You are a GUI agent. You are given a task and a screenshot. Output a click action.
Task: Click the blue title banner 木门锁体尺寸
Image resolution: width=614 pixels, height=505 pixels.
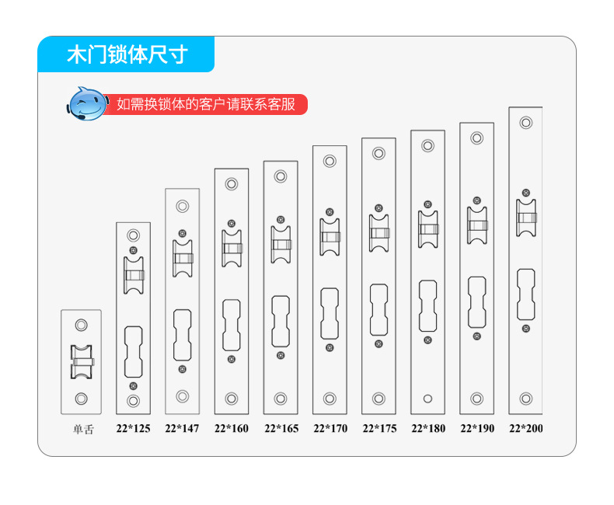point(126,54)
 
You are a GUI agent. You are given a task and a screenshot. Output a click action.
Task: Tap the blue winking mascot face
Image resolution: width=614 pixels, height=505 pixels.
point(87,104)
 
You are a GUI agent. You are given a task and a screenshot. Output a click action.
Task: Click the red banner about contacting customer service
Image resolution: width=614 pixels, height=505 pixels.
point(206,105)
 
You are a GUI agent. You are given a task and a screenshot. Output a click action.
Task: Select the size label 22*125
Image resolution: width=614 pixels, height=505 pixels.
point(133,428)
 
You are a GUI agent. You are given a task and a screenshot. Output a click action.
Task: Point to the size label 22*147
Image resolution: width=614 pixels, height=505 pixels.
point(182,428)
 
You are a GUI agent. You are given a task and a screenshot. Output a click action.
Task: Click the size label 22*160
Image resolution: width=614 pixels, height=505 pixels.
point(232,428)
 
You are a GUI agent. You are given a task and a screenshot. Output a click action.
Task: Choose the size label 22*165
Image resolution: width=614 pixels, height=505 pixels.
point(281,428)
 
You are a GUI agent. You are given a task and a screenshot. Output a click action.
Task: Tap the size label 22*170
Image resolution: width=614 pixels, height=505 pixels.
point(330,428)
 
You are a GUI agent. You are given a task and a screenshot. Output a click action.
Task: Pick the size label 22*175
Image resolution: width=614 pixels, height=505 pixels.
point(379,428)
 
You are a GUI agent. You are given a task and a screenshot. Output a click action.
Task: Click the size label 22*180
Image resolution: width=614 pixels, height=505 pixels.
point(428,428)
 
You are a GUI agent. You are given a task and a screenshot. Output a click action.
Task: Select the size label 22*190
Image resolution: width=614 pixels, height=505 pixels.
point(477,428)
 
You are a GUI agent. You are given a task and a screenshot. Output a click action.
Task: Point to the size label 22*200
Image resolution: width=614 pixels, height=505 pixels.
point(526,428)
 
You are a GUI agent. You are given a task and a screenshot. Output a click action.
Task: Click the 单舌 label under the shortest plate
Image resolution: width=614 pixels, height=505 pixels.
point(83,430)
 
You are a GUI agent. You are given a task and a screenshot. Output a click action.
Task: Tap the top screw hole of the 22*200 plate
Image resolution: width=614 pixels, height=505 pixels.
point(526,123)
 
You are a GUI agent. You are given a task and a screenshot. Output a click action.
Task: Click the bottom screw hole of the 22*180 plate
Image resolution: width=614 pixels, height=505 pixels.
point(427,399)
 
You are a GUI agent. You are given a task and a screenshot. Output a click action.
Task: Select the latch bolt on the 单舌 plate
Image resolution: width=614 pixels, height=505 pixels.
point(82,362)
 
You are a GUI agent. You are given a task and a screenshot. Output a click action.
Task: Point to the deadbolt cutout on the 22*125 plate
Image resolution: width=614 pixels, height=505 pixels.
point(134,352)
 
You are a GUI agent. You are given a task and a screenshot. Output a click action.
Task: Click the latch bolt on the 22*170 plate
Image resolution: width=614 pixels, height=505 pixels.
point(330,237)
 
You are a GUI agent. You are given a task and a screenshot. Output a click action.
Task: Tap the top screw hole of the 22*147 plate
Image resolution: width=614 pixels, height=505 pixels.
point(183,206)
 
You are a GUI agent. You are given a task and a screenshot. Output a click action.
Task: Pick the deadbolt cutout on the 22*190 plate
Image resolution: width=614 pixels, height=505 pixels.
point(477,302)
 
